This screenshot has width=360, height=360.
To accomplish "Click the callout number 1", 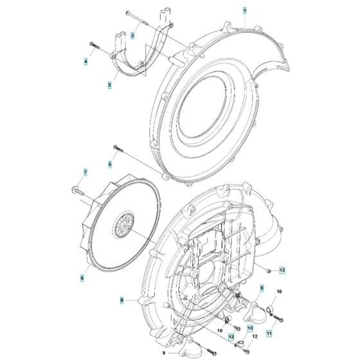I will [x=244, y=12].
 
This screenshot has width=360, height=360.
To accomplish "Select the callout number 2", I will [x=109, y=85].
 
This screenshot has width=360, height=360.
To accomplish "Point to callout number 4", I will [x=85, y=61].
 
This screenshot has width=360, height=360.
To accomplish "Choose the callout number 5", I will [x=109, y=165].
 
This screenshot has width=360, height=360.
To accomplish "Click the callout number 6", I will [x=82, y=277].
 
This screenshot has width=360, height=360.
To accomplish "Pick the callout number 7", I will [x=83, y=172].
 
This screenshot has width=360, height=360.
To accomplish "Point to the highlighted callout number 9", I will [x=262, y=289].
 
